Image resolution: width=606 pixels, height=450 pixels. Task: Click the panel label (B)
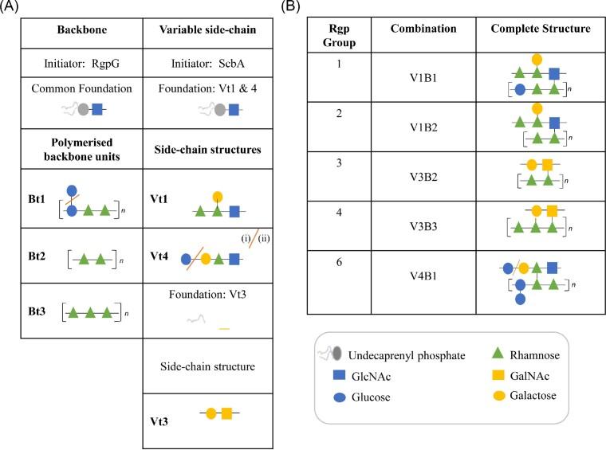coord(292,9)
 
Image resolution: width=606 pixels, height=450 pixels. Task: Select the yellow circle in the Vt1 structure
coord(218,196)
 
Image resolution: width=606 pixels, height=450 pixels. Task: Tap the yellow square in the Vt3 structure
coord(226,413)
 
